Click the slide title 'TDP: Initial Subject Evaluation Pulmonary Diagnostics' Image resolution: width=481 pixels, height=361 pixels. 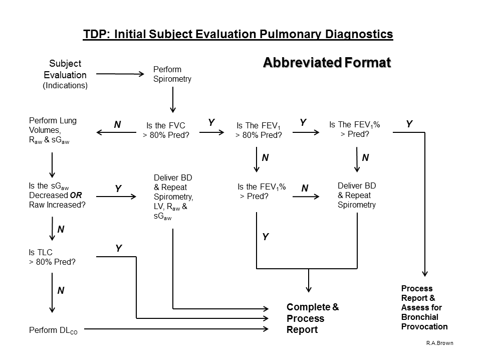[237, 34]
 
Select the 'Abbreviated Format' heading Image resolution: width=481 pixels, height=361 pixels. [326, 63]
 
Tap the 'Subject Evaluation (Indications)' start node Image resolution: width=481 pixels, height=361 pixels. [65, 75]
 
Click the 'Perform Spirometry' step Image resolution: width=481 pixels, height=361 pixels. [172, 74]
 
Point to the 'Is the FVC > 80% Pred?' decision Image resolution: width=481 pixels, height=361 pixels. [167, 130]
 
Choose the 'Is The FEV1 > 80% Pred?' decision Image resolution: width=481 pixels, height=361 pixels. [259, 130]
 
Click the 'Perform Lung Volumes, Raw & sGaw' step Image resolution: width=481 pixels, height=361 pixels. [53, 130]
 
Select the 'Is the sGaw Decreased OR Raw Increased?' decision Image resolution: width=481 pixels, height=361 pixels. [57, 195]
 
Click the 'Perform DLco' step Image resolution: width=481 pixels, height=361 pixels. [53, 330]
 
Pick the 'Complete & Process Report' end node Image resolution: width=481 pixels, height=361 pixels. [312, 318]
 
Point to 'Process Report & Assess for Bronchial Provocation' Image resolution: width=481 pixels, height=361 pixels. [424, 307]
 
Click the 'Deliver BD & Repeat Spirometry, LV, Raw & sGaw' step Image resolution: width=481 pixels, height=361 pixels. [173, 198]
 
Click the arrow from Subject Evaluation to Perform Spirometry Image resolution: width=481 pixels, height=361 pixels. [120, 74]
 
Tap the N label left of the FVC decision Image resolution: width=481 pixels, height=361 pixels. [117, 125]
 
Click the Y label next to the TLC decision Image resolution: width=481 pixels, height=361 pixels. [119, 248]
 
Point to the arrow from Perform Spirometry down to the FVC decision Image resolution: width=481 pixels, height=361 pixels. [173, 100]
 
